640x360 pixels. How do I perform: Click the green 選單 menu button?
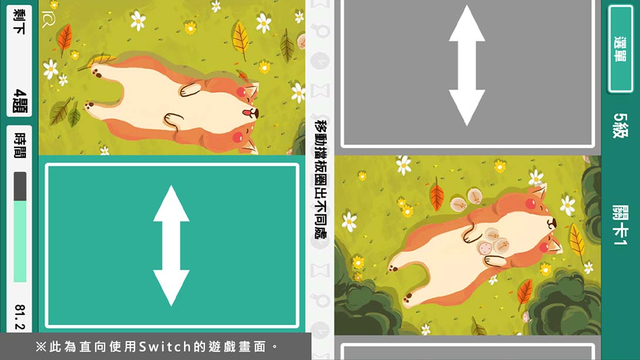(620, 49)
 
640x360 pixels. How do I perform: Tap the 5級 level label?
(620, 125)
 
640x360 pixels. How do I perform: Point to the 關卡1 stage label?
(620, 225)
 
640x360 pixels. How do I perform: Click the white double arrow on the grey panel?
(467, 65)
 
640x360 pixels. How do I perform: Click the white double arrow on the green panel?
(171, 245)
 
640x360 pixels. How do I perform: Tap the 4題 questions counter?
(19, 100)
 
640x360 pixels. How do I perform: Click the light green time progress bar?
(20, 241)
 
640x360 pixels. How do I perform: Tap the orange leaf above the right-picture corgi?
(436, 197)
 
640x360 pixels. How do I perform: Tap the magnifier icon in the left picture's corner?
(48, 21)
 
